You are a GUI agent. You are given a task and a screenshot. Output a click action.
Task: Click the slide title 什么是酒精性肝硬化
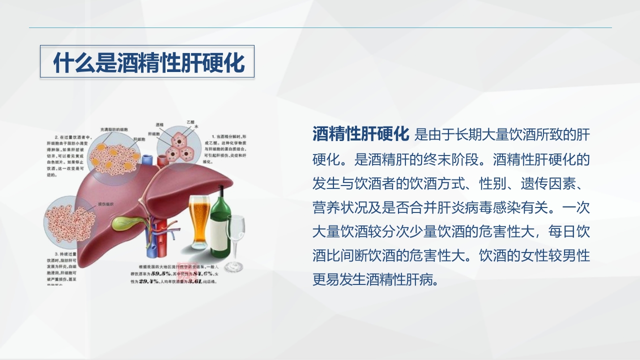(x=148, y=62)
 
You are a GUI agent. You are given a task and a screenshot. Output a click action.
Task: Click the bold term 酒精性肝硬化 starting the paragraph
(x=361, y=134)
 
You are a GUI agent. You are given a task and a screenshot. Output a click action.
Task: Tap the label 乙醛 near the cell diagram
(x=190, y=122)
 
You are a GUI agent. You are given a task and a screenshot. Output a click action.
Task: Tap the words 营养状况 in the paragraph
(x=333, y=206)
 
